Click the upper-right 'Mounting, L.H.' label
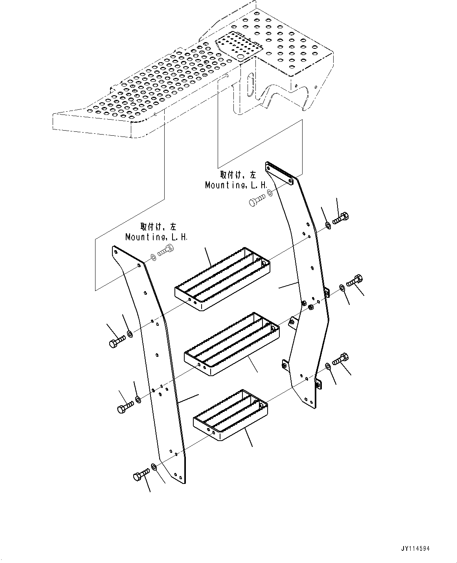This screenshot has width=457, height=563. tap(236, 185)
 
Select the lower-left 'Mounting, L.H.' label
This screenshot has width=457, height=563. tap(156, 237)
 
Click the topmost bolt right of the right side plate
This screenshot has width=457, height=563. tap(341, 218)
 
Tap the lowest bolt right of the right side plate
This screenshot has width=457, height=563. tap(340, 360)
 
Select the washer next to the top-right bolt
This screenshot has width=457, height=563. tap(328, 225)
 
